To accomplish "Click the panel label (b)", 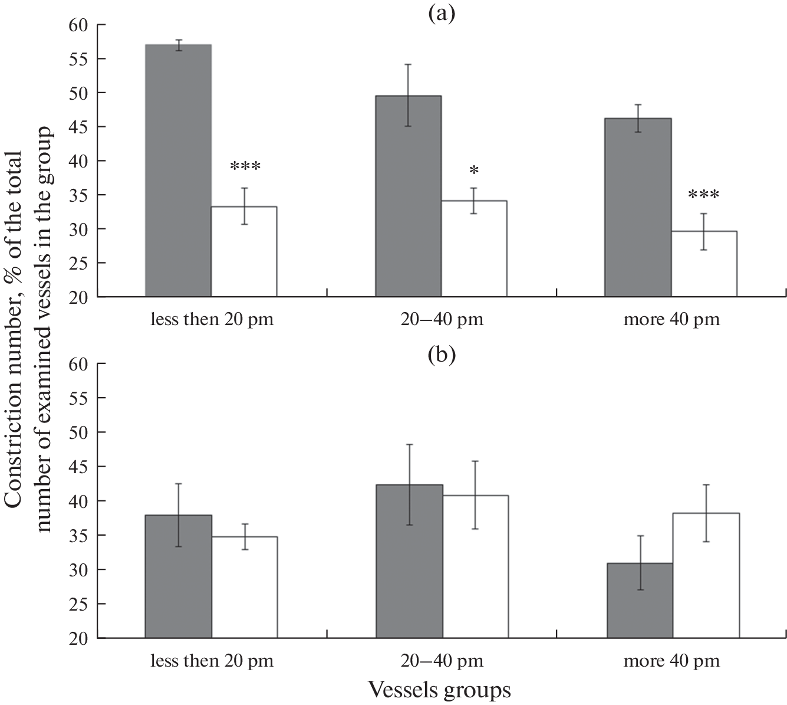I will (x=442, y=355).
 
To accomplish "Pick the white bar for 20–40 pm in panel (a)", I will (x=474, y=248).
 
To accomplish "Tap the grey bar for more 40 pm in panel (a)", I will (x=638, y=207).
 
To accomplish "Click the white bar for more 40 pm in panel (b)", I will (x=706, y=576).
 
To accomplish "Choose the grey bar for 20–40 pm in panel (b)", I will (x=409, y=561).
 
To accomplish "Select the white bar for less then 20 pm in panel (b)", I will (x=244, y=587).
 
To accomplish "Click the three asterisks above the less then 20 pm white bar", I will (x=245, y=166).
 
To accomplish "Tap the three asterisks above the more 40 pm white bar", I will (x=704, y=194).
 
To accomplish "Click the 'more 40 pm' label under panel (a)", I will (x=671, y=320).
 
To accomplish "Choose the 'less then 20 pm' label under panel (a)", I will (x=212, y=320).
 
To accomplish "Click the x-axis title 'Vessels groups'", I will (x=439, y=689).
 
